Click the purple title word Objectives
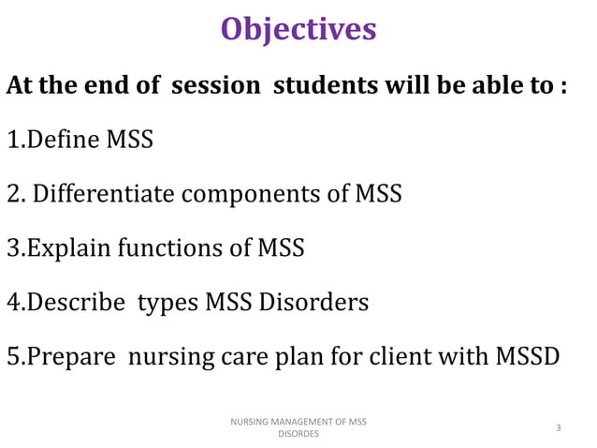tap(298, 29)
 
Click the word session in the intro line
tap(216, 85)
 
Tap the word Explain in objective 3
tap(63, 249)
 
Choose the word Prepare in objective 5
tap(67, 358)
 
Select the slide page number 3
tap(558, 428)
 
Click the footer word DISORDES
tap(298, 435)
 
